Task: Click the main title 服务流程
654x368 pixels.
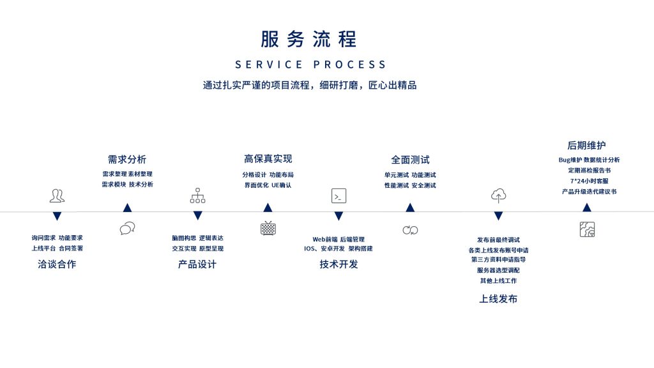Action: point(308,39)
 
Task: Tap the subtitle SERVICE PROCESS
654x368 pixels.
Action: point(311,65)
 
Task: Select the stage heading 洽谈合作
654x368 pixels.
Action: point(57,264)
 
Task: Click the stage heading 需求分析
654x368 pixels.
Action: point(127,159)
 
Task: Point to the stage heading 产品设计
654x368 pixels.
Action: point(197,264)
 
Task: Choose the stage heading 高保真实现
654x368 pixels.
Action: point(268,158)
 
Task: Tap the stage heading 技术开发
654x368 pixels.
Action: point(338,264)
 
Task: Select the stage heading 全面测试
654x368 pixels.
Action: point(410,159)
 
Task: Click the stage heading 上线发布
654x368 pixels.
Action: point(498,298)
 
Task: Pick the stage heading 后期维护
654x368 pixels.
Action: point(586,145)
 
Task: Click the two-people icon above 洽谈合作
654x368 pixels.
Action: point(57,195)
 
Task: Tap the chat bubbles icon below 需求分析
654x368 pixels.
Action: point(127,228)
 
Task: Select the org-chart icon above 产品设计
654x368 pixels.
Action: point(197,195)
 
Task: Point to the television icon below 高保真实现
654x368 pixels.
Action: point(268,228)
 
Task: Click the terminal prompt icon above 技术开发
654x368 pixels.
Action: point(338,195)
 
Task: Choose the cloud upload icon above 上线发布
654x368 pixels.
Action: point(498,195)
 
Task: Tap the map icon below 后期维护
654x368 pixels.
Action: point(587,229)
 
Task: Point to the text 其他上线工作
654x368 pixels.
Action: point(498,280)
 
